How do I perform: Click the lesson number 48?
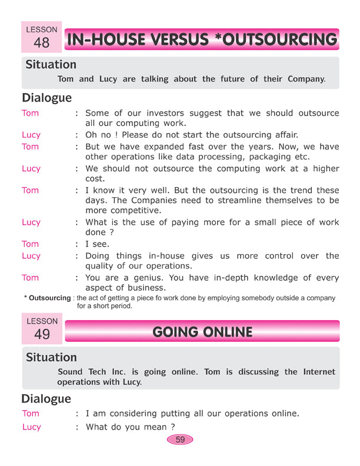(42, 43)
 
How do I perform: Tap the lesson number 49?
(42, 335)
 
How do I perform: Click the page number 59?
(180, 440)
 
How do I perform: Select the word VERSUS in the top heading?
(176, 40)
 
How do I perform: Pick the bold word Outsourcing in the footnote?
(50, 298)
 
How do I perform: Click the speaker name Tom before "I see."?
(31, 244)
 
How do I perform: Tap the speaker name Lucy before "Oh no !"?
(31, 135)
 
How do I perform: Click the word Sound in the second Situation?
(71, 372)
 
